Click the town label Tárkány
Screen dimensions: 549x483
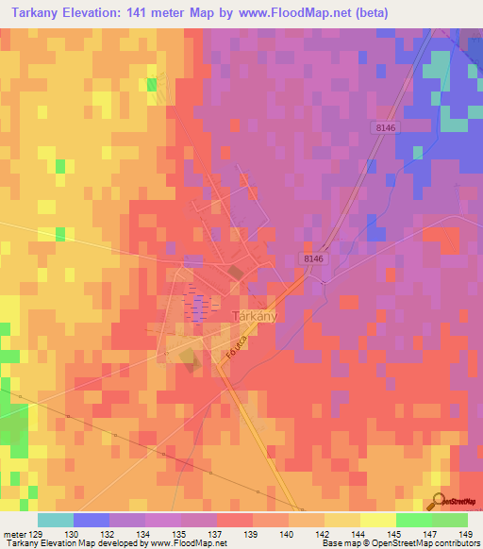[x=254, y=317]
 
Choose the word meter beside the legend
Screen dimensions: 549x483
[x=11, y=534]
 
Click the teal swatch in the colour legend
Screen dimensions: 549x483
[x=56, y=520]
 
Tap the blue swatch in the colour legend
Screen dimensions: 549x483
[x=92, y=520]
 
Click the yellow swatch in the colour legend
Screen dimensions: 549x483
[x=378, y=520]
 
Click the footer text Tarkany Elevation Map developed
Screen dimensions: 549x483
[x=57, y=543]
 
